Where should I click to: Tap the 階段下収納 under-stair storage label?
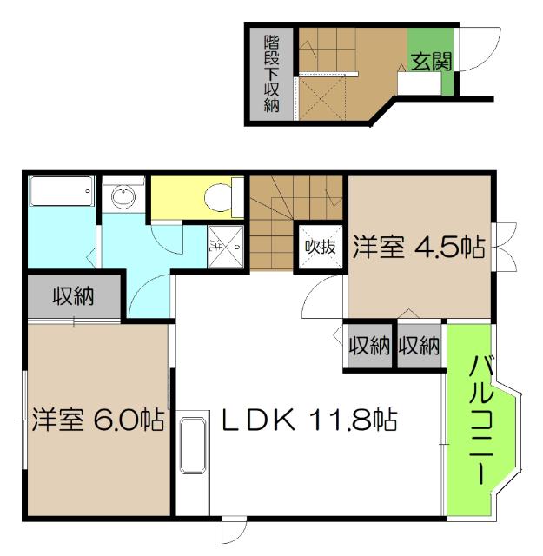271,74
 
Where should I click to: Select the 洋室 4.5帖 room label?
419,247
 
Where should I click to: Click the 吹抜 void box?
319,246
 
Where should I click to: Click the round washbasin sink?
123,197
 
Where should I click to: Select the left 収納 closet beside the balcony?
369,346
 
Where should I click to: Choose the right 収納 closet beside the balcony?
419,346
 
